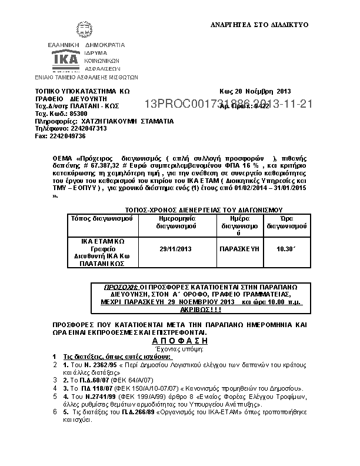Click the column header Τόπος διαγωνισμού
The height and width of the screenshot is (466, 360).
tap(102, 218)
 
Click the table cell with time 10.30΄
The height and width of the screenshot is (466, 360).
tap(286, 249)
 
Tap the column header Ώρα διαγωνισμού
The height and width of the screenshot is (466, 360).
tap(286, 222)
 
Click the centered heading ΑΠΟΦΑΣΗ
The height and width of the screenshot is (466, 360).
tap(180, 341)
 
